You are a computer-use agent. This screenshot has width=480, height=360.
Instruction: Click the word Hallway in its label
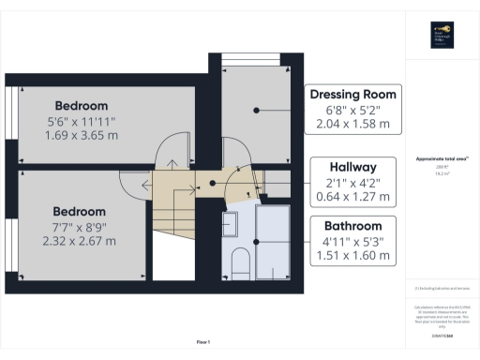coord(353,167)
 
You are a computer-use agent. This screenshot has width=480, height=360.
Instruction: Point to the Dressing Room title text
coord(353,94)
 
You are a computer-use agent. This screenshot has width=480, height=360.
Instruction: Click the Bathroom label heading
coord(353,226)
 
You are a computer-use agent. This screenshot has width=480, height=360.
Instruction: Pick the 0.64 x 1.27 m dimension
coord(353,197)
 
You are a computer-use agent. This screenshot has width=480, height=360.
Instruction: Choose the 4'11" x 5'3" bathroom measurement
coord(353,242)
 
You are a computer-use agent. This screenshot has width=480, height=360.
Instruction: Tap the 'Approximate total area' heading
coord(440,159)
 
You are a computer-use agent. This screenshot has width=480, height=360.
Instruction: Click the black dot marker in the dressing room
coord(254,110)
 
